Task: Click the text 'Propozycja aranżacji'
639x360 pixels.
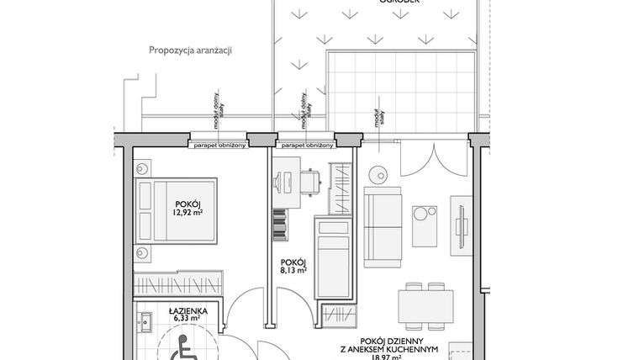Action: click(189, 50)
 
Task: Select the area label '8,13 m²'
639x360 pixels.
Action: click(293, 270)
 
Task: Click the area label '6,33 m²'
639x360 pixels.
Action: click(182, 318)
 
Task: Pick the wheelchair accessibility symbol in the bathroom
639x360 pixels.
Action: click(181, 346)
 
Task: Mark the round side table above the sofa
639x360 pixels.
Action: click(377, 176)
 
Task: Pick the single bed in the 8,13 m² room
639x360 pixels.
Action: click(332, 257)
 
